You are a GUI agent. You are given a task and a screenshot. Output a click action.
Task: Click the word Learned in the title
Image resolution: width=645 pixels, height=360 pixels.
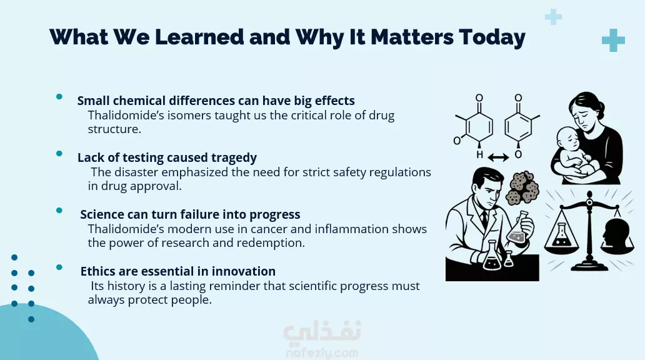pos(199,37)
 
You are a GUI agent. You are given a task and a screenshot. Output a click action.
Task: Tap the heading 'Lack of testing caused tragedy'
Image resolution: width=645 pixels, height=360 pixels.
pos(167,157)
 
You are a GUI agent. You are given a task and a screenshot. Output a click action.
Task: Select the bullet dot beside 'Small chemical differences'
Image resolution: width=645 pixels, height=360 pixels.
pos(59,97)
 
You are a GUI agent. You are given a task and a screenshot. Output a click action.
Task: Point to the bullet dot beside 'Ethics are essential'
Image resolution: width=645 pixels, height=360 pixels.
pos(59,267)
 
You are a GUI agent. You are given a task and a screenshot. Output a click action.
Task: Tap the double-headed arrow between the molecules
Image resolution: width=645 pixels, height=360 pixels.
pos(498,157)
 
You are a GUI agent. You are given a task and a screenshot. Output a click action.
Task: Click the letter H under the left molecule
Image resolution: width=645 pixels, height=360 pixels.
pos(479,155)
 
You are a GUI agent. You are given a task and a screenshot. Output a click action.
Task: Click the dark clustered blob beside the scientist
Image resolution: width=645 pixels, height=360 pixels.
pos(522,188)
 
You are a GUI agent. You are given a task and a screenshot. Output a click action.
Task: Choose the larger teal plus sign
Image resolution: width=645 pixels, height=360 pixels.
pos(613,41)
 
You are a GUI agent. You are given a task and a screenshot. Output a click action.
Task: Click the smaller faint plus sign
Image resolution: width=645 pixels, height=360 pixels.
pos(553,17)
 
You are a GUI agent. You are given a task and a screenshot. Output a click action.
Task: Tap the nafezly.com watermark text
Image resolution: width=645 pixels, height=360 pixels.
pos(322,353)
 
